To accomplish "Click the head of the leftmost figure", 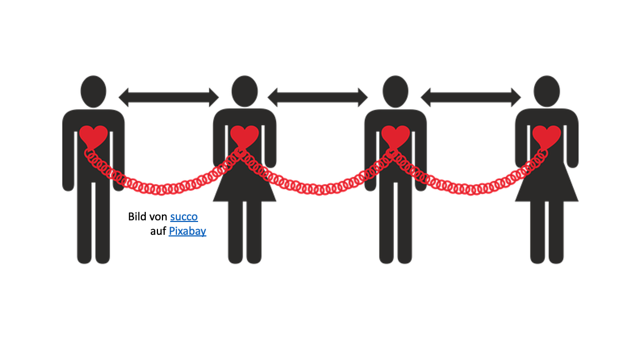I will coord(93,91).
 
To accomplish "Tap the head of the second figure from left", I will coord(245,91).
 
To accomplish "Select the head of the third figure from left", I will coord(396,91).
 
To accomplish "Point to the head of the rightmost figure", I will coord(546,91).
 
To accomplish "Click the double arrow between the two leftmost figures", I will coord(169,97).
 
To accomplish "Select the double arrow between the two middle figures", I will coord(318,97).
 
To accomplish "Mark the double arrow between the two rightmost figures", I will coord(471,97).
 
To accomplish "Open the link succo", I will coord(184,216).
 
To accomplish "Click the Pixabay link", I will coord(187,231).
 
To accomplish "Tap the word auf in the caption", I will coord(158,231).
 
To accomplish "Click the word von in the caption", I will coord(159,216).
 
